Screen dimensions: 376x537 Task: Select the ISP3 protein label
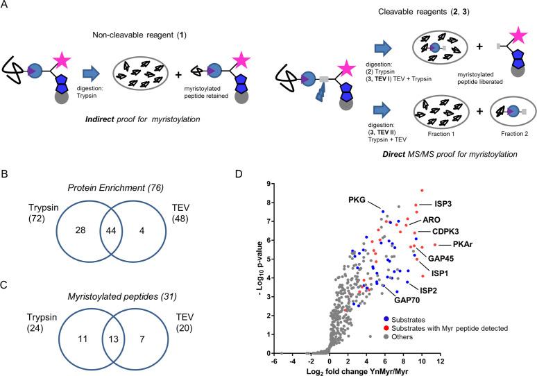point(443,205)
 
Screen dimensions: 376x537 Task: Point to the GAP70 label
point(407,300)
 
